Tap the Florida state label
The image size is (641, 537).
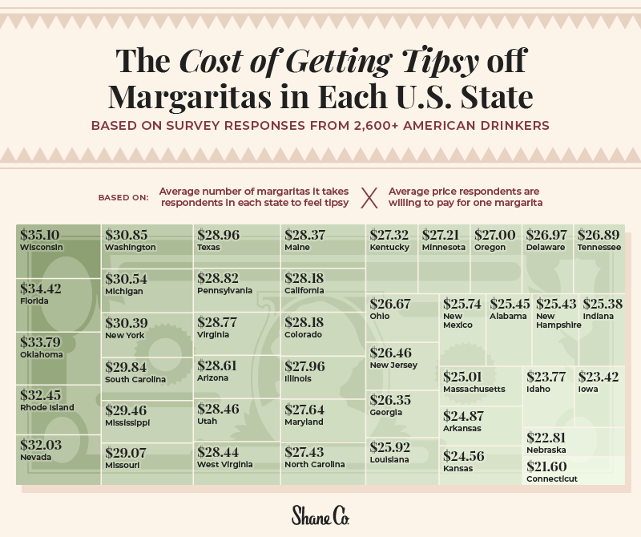pos(34,301)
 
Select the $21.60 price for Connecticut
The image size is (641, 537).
pos(546,466)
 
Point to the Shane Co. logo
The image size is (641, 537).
pos(320,514)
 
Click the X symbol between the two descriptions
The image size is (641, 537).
pos(369,197)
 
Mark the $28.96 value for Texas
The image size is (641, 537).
pos(219,235)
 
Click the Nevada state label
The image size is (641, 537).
pos(36,457)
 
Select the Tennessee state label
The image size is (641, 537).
pos(599,248)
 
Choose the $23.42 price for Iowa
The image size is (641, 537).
pos(599,377)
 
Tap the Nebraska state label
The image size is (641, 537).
pos(547,450)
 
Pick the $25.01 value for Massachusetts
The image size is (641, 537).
pos(464,377)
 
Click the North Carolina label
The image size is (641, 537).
pos(315,464)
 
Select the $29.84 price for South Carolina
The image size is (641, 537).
pos(126,366)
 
